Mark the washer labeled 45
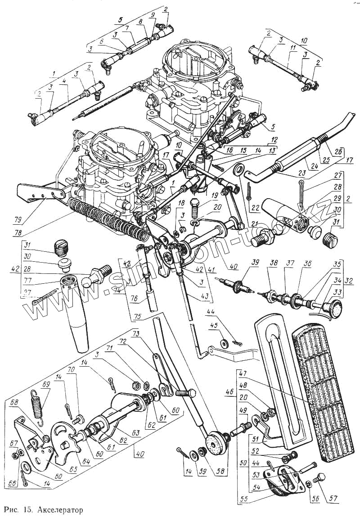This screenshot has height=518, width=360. (x=224, y=344)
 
